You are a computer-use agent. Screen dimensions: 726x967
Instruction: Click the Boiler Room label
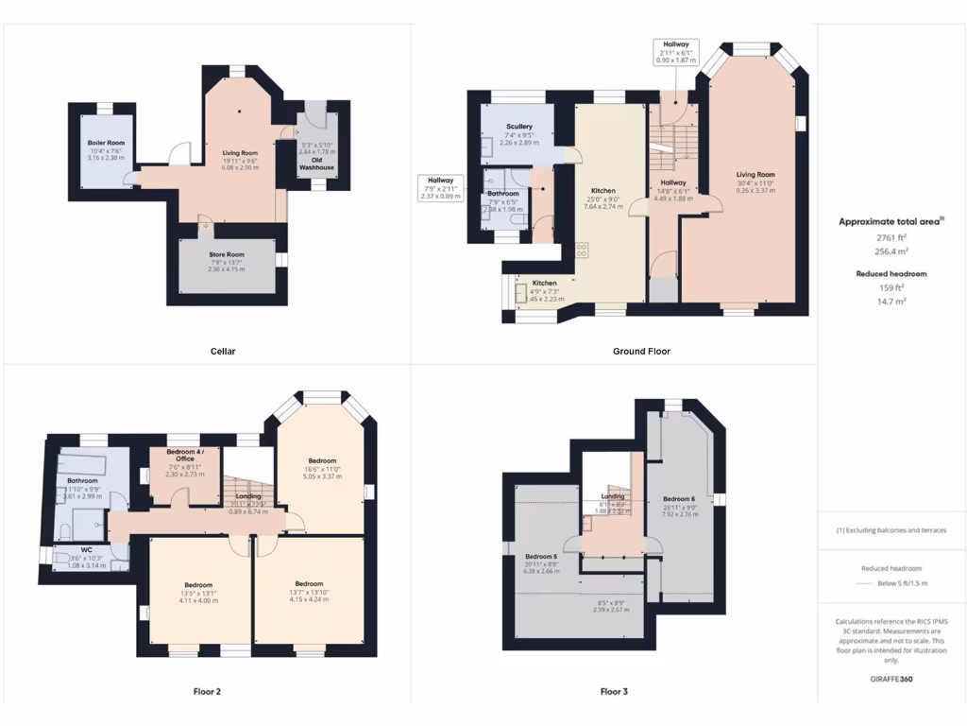(x=107, y=143)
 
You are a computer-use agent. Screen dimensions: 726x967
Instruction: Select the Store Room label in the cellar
(x=227, y=254)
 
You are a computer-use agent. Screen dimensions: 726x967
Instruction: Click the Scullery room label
(x=518, y=127)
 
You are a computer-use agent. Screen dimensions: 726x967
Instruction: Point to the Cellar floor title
(x=223, y=352)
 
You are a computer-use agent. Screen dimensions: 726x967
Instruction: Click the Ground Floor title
(x=641, y=352)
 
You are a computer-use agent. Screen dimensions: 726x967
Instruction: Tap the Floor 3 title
(x=614, y=692)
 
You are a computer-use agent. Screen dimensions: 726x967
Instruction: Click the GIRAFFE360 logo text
(x=891, y=679)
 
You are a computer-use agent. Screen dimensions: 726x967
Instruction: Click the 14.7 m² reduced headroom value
(x=891, y=301)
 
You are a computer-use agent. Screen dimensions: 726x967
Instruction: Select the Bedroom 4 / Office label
(x=185, y=455)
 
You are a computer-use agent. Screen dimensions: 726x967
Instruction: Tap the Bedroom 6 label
(x=678, y=498)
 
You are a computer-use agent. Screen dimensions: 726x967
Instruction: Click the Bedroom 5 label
(x=542, y=557)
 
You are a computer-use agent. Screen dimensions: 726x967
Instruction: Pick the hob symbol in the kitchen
(x=582, y=251)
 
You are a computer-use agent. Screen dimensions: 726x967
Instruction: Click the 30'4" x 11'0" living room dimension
(x=755, y=182)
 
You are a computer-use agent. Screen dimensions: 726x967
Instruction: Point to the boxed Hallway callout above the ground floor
(x=675, y=51)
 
